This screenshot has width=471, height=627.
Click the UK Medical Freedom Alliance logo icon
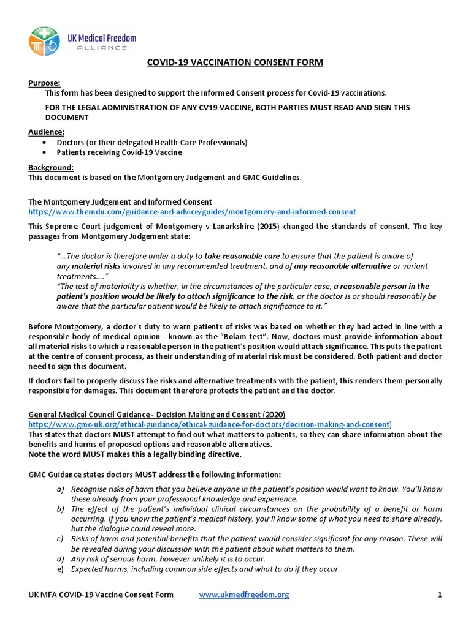[x=44, y=41]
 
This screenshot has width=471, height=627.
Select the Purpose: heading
[x=45, y=83]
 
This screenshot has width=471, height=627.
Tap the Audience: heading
[x=47, y=132]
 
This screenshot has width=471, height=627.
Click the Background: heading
[x=51, y=167]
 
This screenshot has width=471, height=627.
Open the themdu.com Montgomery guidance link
[x=192, y=212]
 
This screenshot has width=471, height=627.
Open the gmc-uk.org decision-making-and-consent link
[x=209, y=424]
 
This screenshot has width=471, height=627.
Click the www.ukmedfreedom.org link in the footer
[x=244, y=595]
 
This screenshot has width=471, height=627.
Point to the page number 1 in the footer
[x=440, y=595]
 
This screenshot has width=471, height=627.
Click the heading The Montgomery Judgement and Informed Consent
[x=120, y=201]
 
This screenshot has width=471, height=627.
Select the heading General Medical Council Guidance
[x=156, y=415]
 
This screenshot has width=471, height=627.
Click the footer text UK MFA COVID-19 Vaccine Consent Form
[x=101, y=595]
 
